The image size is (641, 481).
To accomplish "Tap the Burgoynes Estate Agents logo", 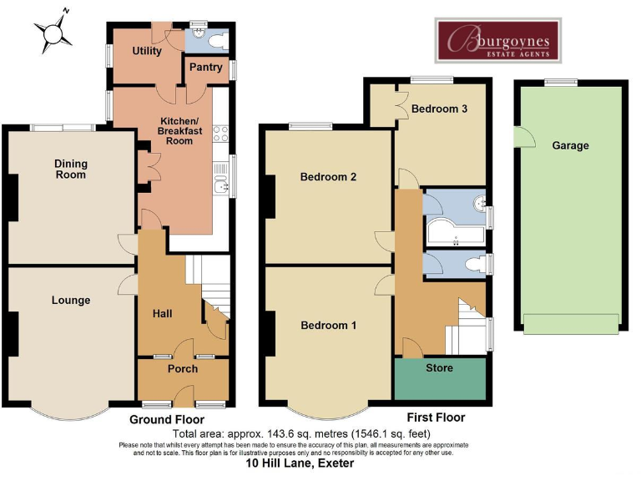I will click(499, 40).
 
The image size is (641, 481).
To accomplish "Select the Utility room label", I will click(147, 52).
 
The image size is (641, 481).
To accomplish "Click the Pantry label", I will click(204, 67).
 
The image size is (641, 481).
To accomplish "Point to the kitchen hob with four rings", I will click(221, 133).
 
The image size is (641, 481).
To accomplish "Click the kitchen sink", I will click(221, 185).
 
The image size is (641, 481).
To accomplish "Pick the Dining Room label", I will click(70, 170).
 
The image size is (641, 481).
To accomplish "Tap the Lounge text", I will click(70, 300).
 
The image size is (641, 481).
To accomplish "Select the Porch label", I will click(183, 368).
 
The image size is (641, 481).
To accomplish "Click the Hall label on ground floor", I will click(162, 313).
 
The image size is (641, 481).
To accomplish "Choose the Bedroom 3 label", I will click(439, 109).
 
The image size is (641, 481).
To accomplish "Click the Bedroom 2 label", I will click(329, 177).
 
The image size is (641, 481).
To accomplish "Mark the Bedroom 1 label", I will click(328, 325).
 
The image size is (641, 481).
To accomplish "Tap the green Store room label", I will click(439, 367).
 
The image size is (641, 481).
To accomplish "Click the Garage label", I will click(570, 145).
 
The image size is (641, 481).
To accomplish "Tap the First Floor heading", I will click(436, 418).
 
